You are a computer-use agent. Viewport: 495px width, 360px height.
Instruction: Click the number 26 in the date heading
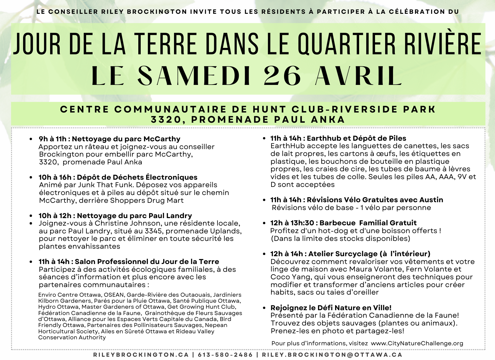282,76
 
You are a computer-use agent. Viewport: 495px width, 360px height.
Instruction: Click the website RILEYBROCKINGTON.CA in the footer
141,355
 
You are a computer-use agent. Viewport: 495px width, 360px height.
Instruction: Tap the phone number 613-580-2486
225,355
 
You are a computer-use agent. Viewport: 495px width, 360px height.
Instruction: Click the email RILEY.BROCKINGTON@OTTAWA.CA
332,355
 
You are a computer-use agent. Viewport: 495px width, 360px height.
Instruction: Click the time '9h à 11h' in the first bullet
52,139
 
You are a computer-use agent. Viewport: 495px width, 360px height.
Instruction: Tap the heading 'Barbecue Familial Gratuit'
368,223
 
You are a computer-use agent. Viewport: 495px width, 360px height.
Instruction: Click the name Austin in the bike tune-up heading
431,200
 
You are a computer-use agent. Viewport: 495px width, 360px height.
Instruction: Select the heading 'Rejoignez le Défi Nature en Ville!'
331,308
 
